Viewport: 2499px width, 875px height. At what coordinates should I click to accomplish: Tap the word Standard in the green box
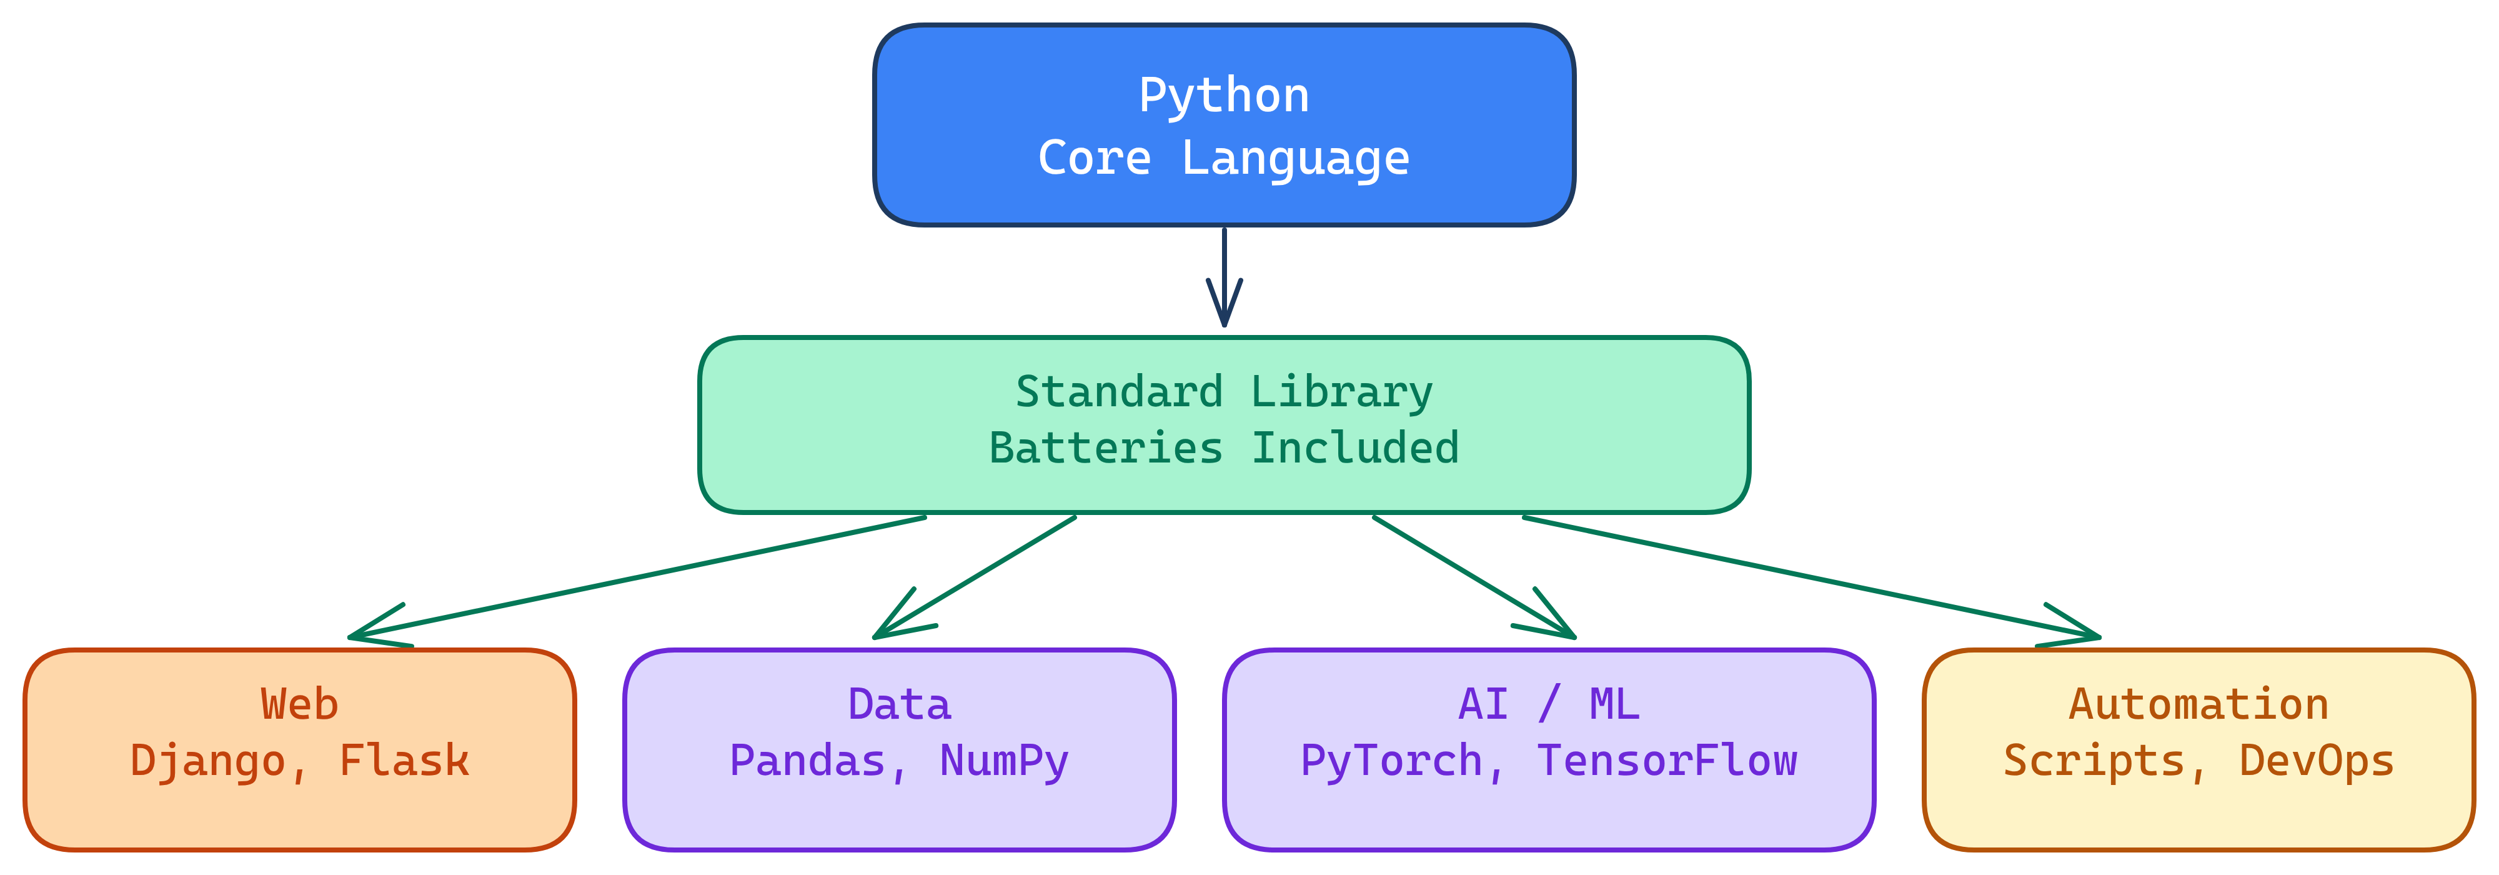pyautogui.click(x=1118, y=392)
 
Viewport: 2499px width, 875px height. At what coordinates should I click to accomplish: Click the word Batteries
pyautogui.click(x=1106, y=448)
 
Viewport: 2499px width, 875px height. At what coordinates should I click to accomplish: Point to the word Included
pyautogui.click(x=1354, y=448)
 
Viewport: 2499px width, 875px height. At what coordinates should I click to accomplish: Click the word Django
pyautogui.click(x=207, y=761)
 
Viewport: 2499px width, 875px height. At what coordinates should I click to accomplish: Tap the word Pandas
pyautogui.click(x=807, y=761)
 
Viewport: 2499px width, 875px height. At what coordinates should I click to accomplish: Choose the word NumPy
pyautogui.click(x=1003, y=761)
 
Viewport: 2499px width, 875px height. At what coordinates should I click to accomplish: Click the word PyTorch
pyautogui.click(x=1391, y=761)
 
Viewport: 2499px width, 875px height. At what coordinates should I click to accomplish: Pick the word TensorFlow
pyautogui.click(x=1667, y=761)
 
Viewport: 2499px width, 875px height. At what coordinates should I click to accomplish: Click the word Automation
pyautogui.click(x=2198, y=704)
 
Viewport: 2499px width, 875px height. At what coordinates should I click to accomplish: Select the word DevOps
pyautogui.click(x=2316, y=761)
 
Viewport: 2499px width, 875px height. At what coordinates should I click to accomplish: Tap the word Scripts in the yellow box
pyautogui.click(x=2094, y=761)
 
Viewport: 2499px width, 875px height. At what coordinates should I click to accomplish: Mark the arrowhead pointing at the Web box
pyautogui.click(x=364, y=634)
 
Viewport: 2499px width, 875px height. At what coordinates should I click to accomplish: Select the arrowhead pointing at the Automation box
pyautogui.click(x=2084, y=634)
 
